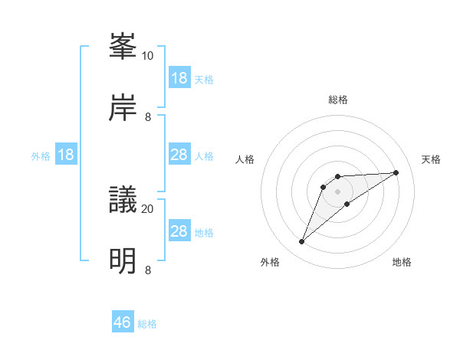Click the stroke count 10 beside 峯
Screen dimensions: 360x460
click(148, 56)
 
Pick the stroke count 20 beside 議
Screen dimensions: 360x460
click(148, 208)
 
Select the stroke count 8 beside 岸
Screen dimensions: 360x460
click(148, 116)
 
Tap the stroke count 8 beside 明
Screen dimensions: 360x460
click(148, 270)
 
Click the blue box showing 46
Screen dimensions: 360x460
click(123, 322)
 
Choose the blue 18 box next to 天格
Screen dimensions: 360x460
click(179, 78)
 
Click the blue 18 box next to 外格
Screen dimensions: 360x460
click(66, 155)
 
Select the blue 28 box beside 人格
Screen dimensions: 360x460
click(179, 155)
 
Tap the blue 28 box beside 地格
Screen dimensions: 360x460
click(179, 231)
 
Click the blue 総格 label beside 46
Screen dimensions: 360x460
click(147, 324)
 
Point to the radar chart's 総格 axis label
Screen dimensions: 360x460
click(337, 100)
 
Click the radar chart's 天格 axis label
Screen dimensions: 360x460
click(431, 159)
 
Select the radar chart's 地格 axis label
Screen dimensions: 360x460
click(402, 262)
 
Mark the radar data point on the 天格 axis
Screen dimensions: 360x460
click(396, 172)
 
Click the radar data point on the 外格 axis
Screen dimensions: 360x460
click(301, 242)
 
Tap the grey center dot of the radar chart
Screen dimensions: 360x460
click(337, 191)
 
